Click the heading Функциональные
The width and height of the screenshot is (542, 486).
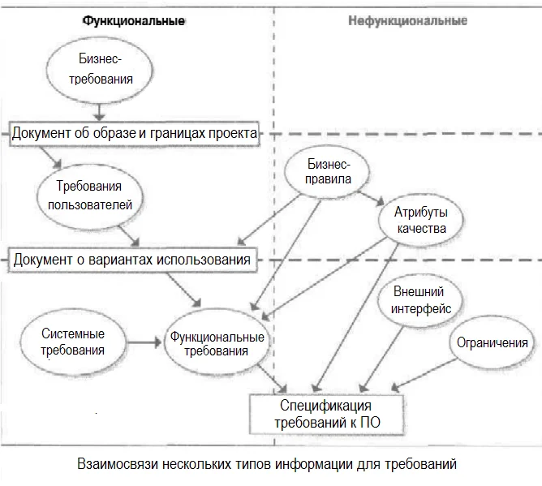coord(133,21)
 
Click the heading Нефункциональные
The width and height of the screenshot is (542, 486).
coord(407,21)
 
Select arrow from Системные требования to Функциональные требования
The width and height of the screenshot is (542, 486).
coord(144,342)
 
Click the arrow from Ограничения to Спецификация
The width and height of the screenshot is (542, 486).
coord(424,374)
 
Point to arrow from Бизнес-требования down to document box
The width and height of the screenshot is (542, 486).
coord(99,112)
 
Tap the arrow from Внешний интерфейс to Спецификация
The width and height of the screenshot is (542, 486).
coord(381,359)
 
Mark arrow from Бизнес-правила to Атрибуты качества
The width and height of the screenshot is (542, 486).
coord(371,198)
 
